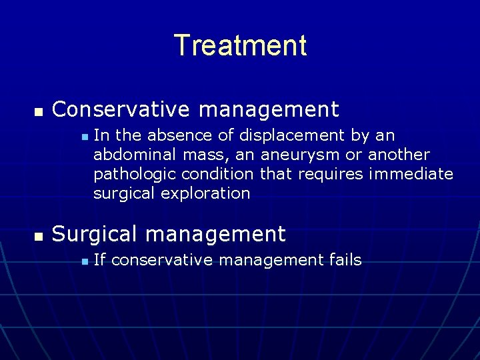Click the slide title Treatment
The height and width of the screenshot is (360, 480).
pyautogui.click(x=240, y=45)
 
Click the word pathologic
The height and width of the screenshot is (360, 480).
pyautogui.click(x=127, y=175)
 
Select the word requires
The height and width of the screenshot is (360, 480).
pyautogui.click(x=331, y=175)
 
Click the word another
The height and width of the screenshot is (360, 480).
pyautogui.click(x=399, y=155)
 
